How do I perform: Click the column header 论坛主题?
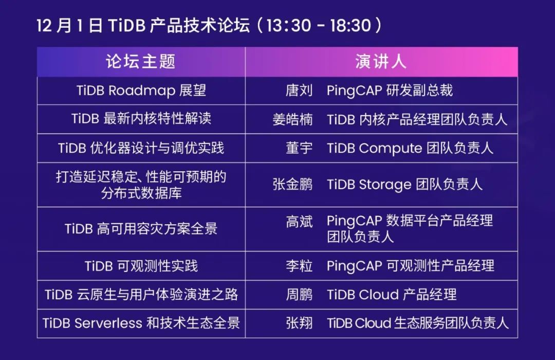141,61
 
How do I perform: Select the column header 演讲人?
381,61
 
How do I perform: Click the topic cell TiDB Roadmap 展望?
141,91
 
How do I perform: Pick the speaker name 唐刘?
299,91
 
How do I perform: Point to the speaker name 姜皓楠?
292,119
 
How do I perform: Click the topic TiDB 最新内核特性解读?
141,119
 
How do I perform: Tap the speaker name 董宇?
299,148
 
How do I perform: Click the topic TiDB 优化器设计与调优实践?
141,148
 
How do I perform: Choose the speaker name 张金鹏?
292,185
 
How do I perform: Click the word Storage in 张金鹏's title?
385,185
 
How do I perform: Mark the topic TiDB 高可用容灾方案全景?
141,228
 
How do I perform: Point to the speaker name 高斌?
299,221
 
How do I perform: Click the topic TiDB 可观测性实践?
141,265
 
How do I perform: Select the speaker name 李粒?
299,265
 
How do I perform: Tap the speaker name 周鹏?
299,294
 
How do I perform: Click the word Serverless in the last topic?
109,323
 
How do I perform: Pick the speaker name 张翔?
299,323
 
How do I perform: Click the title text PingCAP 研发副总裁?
390,91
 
